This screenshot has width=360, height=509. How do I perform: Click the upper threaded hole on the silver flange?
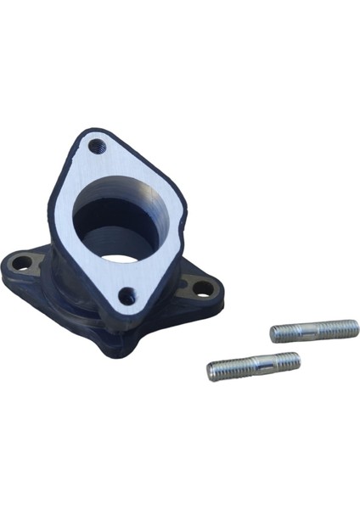96,146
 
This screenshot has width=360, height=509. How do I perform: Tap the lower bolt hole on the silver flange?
127,296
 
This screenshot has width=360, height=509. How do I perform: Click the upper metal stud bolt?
314,330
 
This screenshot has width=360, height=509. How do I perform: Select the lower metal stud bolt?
253,366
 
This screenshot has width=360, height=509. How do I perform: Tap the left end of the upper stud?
273,334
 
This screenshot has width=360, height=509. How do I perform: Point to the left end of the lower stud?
211,372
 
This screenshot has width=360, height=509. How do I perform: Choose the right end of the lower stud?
297,360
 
